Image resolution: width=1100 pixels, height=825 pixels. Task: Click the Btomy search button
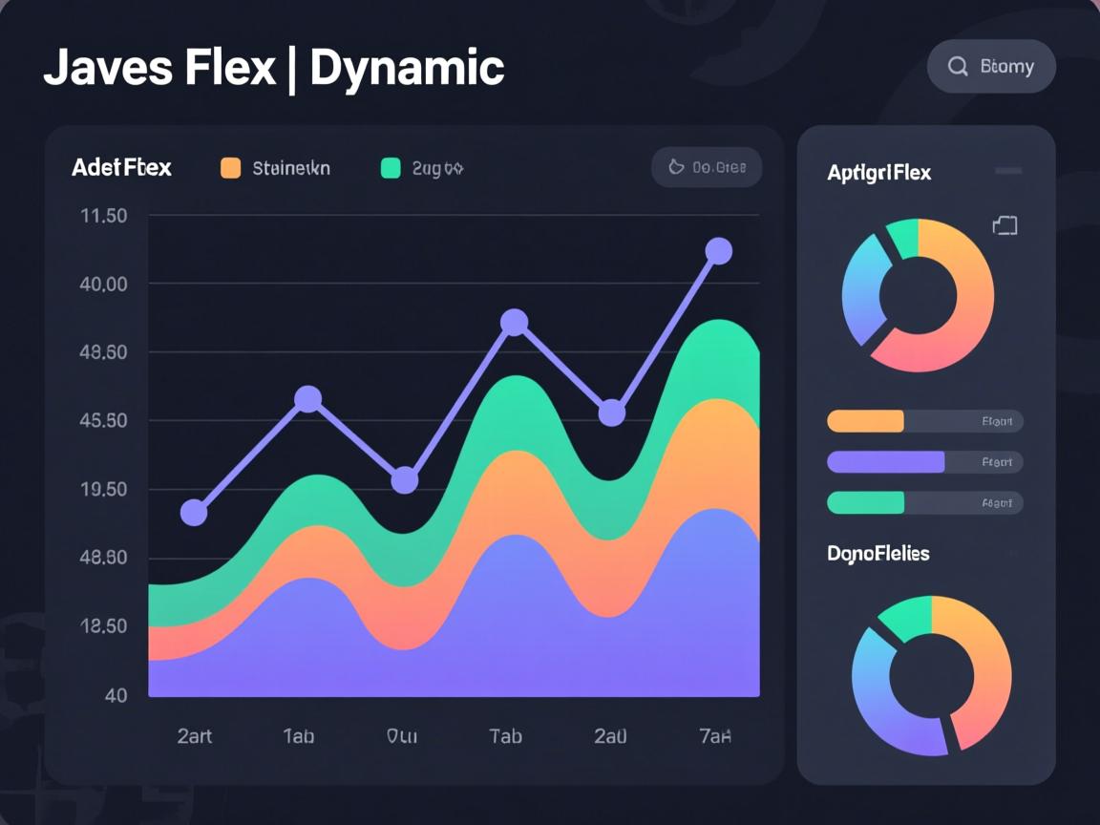pos(991,67)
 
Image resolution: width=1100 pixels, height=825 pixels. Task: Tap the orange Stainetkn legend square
pos(231,168)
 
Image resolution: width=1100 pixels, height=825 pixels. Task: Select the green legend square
pos(391,168)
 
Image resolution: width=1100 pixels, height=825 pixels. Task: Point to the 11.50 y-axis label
pos(104,216)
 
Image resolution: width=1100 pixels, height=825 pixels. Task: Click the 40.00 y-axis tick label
pos(104,285)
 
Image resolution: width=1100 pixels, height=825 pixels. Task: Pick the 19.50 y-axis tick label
pos(104,489)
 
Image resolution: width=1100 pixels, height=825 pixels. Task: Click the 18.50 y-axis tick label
pos(104,626)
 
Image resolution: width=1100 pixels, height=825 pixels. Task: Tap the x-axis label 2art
pos(195,736)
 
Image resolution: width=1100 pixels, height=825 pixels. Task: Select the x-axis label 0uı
pos(401,736)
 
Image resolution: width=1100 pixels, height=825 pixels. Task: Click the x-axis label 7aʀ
pos(714,736)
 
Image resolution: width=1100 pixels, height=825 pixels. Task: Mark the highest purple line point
pos(718,251)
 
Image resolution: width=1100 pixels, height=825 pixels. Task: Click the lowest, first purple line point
pos(194,513)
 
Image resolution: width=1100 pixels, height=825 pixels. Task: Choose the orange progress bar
pos(865,421)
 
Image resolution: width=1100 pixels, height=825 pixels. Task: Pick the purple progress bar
pos(885,462)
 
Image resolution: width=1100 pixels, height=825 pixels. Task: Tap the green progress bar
pos(865,502)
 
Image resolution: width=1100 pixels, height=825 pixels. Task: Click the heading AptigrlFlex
pos(878,173)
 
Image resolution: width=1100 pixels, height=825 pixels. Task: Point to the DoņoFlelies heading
pos(878,554)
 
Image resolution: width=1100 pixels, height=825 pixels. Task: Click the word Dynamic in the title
pos(407,69)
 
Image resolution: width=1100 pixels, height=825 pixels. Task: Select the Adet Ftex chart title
pos(121,168)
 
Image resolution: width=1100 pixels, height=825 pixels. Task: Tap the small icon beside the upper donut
pos(1005,225)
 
